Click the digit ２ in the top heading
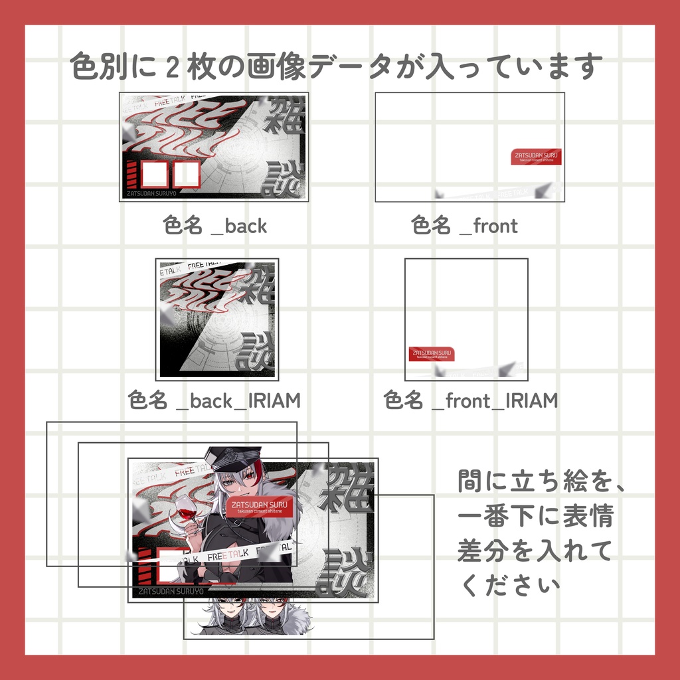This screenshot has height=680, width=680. [x=173, y=67]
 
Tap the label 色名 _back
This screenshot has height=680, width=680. [x=214, y=226]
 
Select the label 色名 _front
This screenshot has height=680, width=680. [x=464, y=226]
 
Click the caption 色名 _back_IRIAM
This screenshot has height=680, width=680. [x=214, y=400]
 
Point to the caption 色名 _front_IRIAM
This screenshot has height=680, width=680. [x=470, y=400]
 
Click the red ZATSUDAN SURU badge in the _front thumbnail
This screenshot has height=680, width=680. [x=537, y=156]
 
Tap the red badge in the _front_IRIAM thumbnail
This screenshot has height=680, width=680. [x=432, y=354]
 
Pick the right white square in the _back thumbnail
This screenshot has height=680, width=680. [x=187, y=174]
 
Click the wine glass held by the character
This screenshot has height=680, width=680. [x=187, y=513]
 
